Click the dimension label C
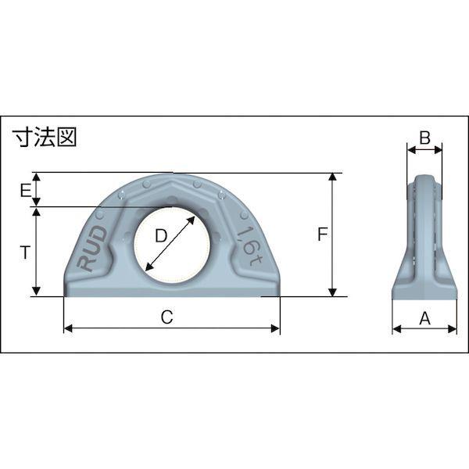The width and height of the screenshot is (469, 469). coord(167,317)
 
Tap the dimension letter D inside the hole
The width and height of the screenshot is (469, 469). coord(161,236)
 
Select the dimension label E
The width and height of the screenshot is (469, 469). coord(26,191)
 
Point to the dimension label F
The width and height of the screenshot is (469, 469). coord(322,234)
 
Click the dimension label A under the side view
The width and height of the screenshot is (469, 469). coord(424,318)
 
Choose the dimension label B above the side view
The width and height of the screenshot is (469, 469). coord(424,138)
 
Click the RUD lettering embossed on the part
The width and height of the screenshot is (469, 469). coord(91,248)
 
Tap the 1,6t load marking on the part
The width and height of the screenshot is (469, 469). coord(249,246)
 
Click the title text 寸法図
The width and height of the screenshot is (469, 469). coord(45,137)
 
